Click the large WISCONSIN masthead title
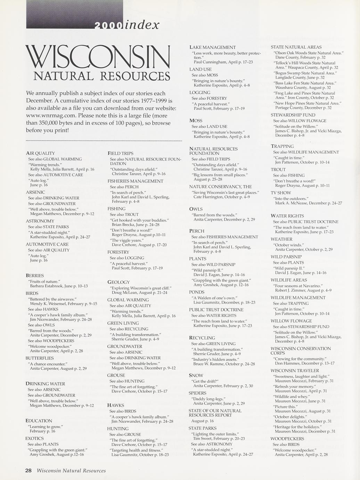point(98,57)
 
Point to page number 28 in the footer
point(28,471)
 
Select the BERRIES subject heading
point(35,275)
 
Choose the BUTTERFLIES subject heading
point(40,358)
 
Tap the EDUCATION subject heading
point(39,421)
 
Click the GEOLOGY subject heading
point(118,282)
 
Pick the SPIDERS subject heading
point(197,393)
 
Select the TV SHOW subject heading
point(281,193)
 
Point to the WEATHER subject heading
point(281,239)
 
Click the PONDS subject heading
point(197,292)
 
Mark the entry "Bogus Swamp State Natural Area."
point(305,73)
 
